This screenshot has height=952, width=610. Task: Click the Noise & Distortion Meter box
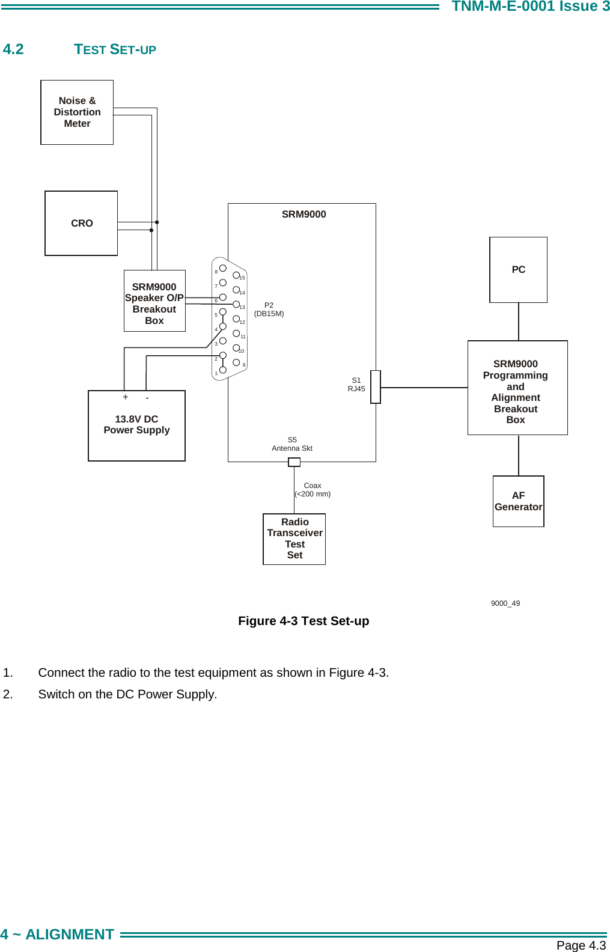[x=77, y=112]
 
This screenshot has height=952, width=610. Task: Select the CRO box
[x=81, y=223]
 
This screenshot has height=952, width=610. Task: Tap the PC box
[x=518, y=269]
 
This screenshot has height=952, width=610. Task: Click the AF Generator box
[x=518, y=501]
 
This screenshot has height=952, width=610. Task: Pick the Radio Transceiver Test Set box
[x=294, y=539]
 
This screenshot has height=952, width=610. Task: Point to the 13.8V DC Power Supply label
[x=136, y=424]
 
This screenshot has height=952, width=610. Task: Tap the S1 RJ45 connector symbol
[x=376, y=386]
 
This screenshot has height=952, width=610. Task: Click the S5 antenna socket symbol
[x=294, y=462]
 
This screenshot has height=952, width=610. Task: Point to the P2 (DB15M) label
[x=269, y=310]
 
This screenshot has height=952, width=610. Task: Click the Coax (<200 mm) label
[x=313, y=490]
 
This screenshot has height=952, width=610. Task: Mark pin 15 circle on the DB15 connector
[x=236, y=275]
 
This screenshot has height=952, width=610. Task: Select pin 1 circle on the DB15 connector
[x=222, y=370]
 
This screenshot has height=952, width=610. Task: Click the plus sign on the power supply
[x=125, y=397]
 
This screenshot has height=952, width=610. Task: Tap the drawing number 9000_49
[x=505, y=603]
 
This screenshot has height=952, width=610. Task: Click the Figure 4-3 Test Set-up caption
[x=303, y=621]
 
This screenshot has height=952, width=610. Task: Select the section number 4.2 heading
[x=13, y=49]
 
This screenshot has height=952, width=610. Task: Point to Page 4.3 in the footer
[x=581, y=945]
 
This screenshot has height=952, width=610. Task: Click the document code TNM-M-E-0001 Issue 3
[x=530, y=7]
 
